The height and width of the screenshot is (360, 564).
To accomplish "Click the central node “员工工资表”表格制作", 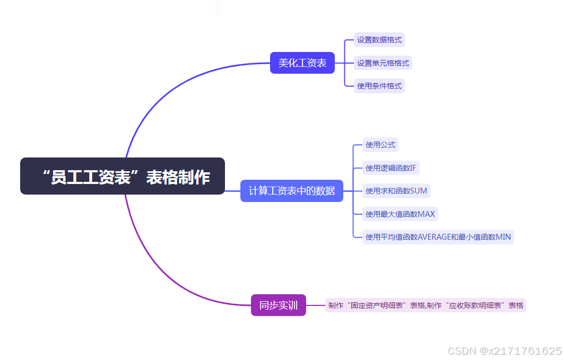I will coord(123,177).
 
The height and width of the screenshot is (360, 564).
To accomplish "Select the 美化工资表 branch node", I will coord(302,63).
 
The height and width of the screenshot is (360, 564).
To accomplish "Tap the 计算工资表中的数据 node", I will coord(292,191).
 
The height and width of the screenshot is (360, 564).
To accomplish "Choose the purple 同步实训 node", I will coord(279,305).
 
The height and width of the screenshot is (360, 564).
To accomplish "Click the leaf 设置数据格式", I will coord(379,40).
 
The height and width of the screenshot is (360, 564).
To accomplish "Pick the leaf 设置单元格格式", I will coord(383,63).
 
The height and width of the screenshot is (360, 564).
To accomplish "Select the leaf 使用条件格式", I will coord(379,86).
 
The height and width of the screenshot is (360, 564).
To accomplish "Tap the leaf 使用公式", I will coord(380,145).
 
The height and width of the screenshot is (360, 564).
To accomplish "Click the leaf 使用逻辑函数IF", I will coord(391,168).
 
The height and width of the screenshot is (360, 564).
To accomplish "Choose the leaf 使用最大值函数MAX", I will coord(400,214).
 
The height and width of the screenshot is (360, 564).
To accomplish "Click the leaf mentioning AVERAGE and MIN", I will coord(438,237).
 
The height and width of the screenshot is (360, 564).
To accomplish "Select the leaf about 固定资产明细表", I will coord(426,305).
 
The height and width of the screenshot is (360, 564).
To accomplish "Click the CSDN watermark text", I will coord(505,351).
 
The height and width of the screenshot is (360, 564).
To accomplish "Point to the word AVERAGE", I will coord(434,237).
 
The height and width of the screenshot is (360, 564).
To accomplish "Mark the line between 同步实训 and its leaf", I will coord(316,305).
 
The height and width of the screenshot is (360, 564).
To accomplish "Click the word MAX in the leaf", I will coord(427,214).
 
